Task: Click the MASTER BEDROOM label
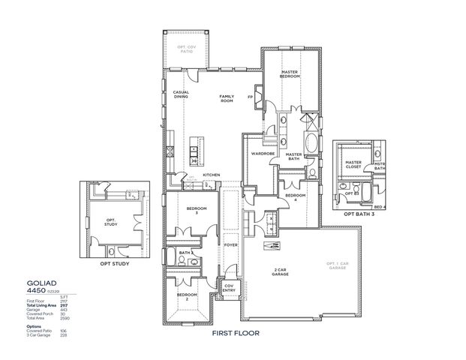click(290, 74)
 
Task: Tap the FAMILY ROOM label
click(226, 99)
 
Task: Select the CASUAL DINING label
click(181, 94)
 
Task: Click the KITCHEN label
click(211, 175)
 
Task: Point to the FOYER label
click(230, 244)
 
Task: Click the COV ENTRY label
click(230, 288)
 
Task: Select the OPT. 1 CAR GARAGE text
click(335, 267)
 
